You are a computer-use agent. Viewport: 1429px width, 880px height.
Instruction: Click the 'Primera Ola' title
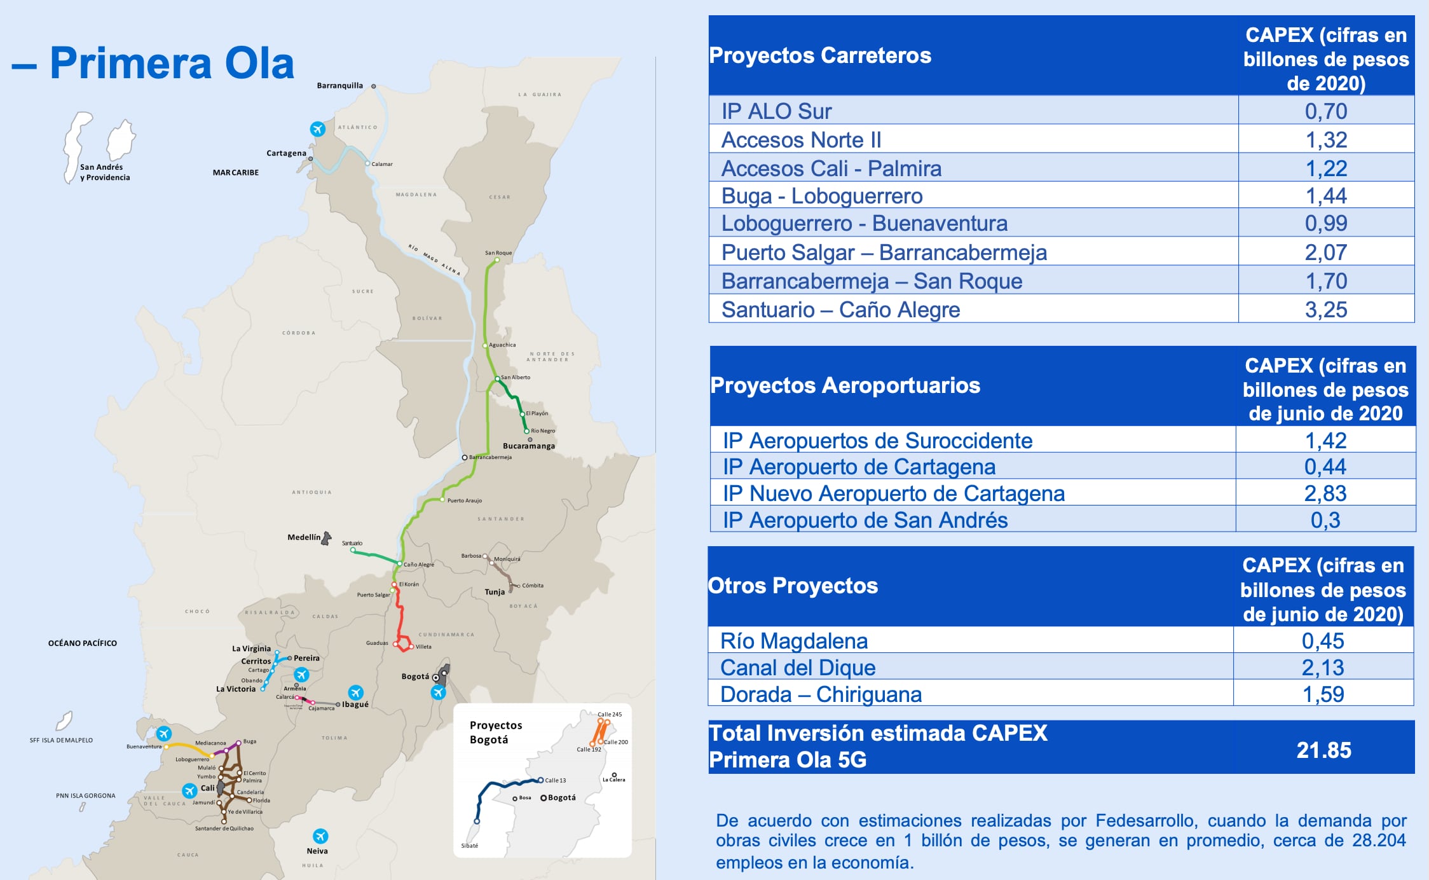(172, 64)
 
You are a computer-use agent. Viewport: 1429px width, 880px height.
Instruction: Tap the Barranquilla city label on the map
(340, 86)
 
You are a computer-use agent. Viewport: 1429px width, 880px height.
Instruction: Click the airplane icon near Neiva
(320, 835)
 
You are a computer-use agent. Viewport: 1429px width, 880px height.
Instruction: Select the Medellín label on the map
(304, 537)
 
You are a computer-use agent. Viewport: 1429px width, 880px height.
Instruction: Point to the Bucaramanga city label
(529, 446)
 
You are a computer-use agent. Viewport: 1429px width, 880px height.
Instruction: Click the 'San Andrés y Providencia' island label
(105, 172)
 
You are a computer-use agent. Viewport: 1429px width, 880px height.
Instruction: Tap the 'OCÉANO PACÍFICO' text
(83, 643)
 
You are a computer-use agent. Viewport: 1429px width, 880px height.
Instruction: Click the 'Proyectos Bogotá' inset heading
(495, 732)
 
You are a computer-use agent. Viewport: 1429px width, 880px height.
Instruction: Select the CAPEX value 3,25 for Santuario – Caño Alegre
(1325, 310)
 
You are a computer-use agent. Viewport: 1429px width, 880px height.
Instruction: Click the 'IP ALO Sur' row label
(776, 111)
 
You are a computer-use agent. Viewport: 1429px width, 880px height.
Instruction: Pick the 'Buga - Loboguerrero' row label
(822, 196)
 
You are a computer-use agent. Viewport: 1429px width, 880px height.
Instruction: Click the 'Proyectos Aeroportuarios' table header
(845, 385)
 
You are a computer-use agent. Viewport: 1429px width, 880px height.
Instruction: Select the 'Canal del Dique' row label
(798, 668)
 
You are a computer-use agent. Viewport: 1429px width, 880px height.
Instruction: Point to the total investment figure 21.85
(1323, 750)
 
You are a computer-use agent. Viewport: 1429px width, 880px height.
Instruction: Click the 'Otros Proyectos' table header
(793, 586)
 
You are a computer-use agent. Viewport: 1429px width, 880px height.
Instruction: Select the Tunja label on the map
(495, 592)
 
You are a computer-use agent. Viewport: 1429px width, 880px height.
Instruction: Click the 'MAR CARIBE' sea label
(236, 172)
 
